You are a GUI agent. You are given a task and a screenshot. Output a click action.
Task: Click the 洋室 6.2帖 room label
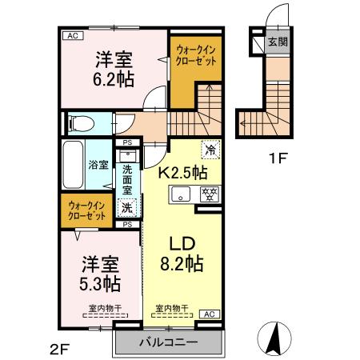coord(115,70)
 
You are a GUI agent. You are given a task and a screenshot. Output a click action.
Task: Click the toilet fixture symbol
coord(82,123)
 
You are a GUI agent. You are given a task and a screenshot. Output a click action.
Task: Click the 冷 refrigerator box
coord(210,150)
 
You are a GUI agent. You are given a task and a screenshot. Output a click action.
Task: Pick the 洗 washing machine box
coord(126,207)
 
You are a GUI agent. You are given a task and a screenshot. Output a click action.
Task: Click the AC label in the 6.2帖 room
coord(73,36)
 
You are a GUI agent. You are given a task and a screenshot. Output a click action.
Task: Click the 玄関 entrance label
coord(277,43)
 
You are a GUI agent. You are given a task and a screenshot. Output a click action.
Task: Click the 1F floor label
coord(277,158)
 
